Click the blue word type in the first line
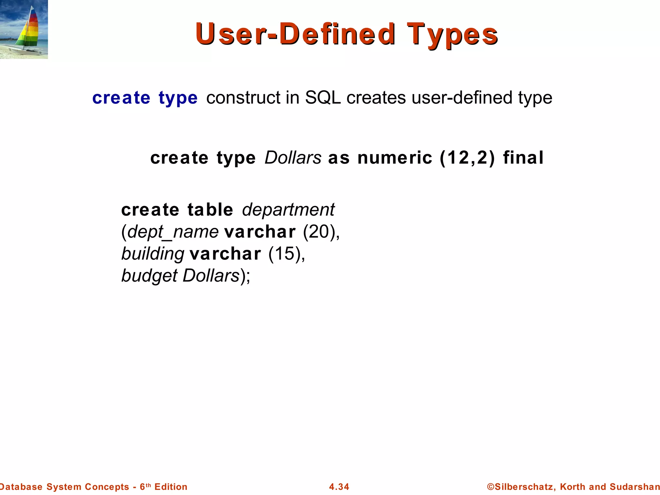point(178,98)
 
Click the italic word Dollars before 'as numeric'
point(293,158)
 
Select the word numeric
point(394,158)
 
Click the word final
point(523,158)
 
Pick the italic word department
point(288,210)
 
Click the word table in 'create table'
point(210,210)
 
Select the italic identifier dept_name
point(173,232)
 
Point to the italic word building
point(153,254)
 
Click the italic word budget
point(149,276)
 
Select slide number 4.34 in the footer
point(339,487)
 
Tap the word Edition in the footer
point(171,487)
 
